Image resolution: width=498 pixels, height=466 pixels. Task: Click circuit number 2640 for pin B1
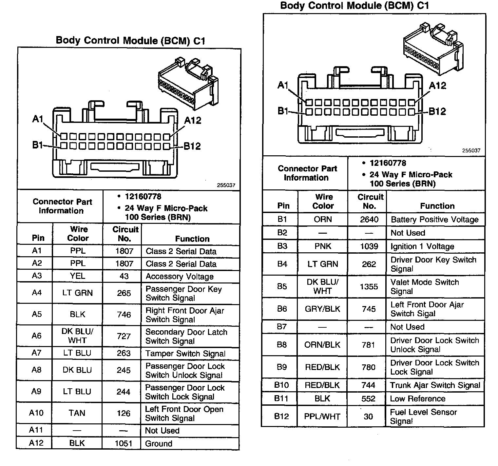(x=369, y=220)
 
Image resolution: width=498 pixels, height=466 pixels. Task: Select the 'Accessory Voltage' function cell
(x=180, y=277)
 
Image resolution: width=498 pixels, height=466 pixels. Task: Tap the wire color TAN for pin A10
(x=77, y=413)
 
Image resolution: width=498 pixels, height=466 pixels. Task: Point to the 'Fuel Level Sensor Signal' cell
(x=423, y=417)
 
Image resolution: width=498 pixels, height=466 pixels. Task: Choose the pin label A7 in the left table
(x=36, y=353)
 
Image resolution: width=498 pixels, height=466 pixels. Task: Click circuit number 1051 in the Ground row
(x=124, y=443)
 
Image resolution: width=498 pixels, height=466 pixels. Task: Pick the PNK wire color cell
(x=323, y=246)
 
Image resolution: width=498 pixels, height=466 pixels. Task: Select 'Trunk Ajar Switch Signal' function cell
(x=435, y=385)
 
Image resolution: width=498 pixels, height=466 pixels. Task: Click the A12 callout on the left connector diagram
(x=193, y=121)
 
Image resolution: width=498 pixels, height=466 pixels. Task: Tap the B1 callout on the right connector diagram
(x=282, y=111)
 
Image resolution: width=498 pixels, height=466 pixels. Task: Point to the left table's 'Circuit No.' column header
(x=125, y=234)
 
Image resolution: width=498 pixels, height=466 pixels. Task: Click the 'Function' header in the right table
(x=437, y=206)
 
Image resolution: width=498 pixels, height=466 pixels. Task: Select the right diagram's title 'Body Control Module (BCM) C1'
(x=354, y=6)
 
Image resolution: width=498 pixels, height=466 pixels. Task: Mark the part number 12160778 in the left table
(x=143, y=197)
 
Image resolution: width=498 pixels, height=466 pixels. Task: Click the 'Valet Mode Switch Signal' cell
(x=425, y=287)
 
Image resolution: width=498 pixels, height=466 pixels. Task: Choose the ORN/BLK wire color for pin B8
(x=322, y=345)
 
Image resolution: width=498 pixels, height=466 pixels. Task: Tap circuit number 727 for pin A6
(x=124, y=336)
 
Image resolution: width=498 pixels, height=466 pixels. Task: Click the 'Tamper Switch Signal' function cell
(x=185, y=354)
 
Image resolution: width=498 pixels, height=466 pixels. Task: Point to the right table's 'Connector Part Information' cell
(x=307, y=173)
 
